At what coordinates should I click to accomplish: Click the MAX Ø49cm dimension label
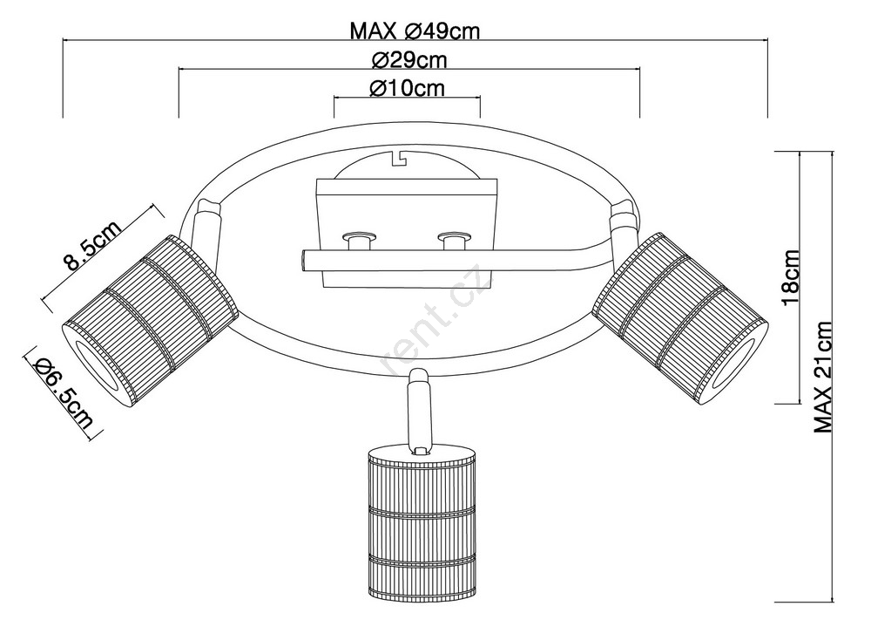click(415, 31)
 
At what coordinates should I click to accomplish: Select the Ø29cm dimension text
click(409, 59)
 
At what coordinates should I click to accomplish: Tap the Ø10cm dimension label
click(407, 88)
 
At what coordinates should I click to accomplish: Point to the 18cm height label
click(790, 277)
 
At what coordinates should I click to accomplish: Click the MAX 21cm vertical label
click(823, 378)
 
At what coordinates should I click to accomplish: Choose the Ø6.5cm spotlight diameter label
click(63, 393)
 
